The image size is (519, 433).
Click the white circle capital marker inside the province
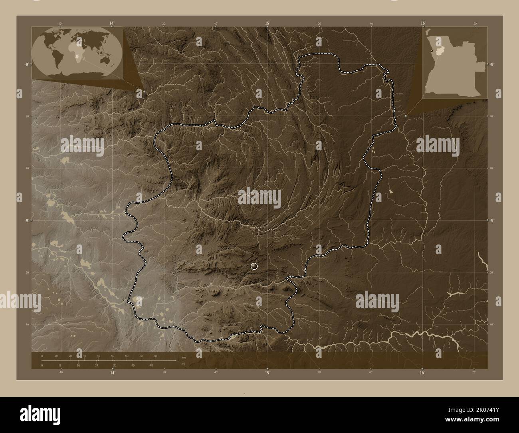[254, 266]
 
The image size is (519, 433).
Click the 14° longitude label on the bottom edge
[113, 373]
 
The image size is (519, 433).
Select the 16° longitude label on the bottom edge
[422, 373]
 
